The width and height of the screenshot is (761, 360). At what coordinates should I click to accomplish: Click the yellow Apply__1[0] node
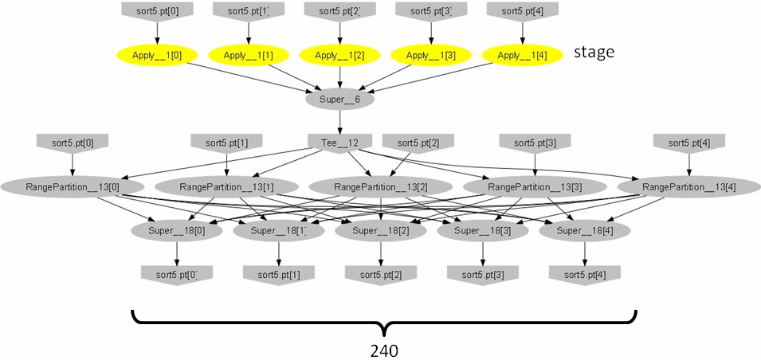pyautogui.click(x=158, y=56)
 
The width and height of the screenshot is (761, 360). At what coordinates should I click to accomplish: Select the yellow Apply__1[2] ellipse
pyautogui.click(x=340, y=56)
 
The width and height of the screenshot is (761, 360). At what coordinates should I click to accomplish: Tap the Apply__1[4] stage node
pyautogui.click(x=523, y=56)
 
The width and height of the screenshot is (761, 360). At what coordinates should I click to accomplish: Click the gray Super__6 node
pyautogui.click(x=340, y=100)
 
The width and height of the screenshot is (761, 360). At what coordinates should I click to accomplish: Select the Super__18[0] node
pyautogui.click(x=177, y=231)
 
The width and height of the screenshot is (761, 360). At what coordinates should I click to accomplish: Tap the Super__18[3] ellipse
pyautogui.click(x=483, y=231)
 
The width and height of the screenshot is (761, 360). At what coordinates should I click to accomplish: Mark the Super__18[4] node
pyautogui.click(x=585, y=231)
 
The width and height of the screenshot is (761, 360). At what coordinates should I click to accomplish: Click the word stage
pyautogui.click(x=594, y=53)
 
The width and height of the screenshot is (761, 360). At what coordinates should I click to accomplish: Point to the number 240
pyautogui.click(x=384, y=350)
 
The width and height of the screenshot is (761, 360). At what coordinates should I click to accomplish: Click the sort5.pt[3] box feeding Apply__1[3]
pyautogui.click(x=431, y=11)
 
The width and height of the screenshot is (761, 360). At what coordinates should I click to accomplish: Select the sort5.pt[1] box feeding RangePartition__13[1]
pyautogui.click(x=227, y=143)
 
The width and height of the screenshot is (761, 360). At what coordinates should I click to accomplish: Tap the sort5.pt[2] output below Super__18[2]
pyautogui.click(x=381, y=274)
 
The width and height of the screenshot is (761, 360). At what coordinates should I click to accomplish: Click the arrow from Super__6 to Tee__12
pyautogui.click(x=340, y=122)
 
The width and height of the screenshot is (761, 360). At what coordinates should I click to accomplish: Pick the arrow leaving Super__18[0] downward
pyautogui.click(x=177, y=252)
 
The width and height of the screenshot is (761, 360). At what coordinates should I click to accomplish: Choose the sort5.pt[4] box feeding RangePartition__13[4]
pyautogui.click(x=688, y=143)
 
